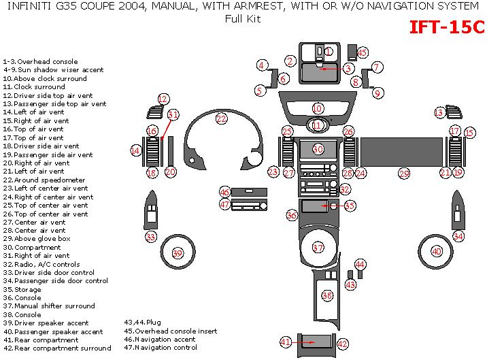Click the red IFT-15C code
click(x=447, y=27)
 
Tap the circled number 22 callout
click(x=221, y=118)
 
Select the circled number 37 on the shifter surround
click(x=318, y=247)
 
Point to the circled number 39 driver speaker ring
click(x=178, y=253)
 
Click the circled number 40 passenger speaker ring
click(x=437, y=251)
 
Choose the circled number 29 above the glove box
click(x=405, y=174)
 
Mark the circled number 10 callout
click(x=318, y=108)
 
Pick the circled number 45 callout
click(x=362, y=52)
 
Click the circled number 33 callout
click(x=151, y=237)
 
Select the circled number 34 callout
click(x=458, y=236)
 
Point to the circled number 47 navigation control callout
click(x=225, y=204)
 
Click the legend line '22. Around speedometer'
click(x=44, y=180)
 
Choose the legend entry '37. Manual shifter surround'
click(x=49, y=306)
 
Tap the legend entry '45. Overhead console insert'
click(x=170, y=331)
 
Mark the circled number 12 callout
click(x=163, y=99)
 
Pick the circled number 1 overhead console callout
click(x=329, y=51)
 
